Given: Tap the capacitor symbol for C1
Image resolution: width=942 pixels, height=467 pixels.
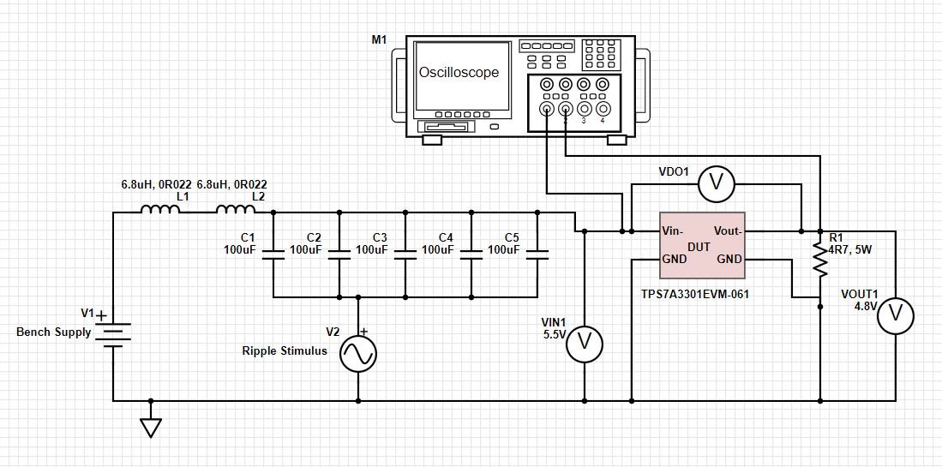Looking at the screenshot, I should coord(273,254).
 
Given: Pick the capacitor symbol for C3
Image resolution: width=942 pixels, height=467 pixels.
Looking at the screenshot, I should coord(405,254).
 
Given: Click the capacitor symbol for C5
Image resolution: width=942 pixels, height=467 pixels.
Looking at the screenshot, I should coord(537,254).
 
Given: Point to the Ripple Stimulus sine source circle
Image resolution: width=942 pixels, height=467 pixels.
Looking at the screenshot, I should coord(357,353).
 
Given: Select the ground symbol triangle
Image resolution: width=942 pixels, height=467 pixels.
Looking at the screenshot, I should coord(151,428).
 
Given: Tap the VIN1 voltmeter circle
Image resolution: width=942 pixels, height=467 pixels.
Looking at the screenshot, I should coord(585,343).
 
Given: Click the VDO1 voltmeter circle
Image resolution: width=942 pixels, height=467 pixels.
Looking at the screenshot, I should coord(717,182).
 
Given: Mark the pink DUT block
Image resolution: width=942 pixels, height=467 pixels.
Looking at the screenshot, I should coord(702,245).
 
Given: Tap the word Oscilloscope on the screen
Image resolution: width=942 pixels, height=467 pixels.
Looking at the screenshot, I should coord(459,73).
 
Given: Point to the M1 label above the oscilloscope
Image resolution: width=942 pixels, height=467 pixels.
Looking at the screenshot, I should coord(378,40).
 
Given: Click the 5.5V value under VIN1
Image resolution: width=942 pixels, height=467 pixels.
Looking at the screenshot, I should coord(554,334).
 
